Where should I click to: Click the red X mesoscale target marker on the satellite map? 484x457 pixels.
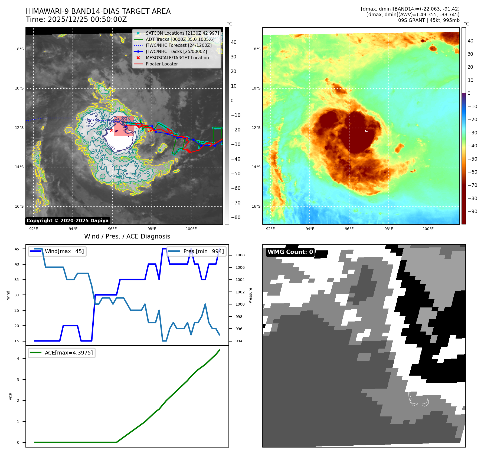click(112, 130)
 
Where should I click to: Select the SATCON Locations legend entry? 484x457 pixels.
click(182, 33)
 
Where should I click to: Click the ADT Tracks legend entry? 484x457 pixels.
click(180, 39)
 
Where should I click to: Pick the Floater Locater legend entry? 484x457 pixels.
click(162, 64)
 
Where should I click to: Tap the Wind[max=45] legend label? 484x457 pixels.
click(64, 251)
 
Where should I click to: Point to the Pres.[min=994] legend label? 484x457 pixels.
click(204, 251)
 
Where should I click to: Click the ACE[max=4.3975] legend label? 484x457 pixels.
click(69, 353)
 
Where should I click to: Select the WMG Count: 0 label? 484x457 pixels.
click(290, 252)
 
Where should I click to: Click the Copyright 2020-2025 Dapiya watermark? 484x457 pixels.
click(67, 221)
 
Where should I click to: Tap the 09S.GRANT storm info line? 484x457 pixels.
click(429, 20)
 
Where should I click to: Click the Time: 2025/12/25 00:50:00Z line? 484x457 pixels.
click(76, 19)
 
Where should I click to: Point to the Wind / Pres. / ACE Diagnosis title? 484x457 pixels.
click(127, 236)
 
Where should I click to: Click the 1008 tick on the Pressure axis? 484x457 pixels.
click(240, 255)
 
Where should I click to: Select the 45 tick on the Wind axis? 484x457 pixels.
click(17, 249)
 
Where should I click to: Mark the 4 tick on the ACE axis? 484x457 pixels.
click(18, 359)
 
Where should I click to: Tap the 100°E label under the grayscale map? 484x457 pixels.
click(191, 229)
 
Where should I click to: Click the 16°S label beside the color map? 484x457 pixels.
click(256, 206)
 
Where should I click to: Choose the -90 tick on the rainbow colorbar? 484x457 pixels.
click(473, 211)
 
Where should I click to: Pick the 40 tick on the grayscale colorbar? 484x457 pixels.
click(234, 42)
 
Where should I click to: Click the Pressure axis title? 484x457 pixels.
click(251, 295)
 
